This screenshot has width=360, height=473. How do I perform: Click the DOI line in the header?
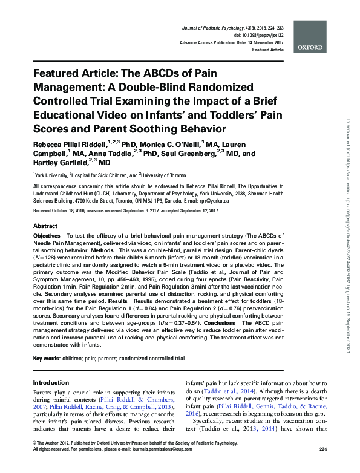tap(258, 36)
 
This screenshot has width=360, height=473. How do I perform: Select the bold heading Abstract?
tap(45, 224)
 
